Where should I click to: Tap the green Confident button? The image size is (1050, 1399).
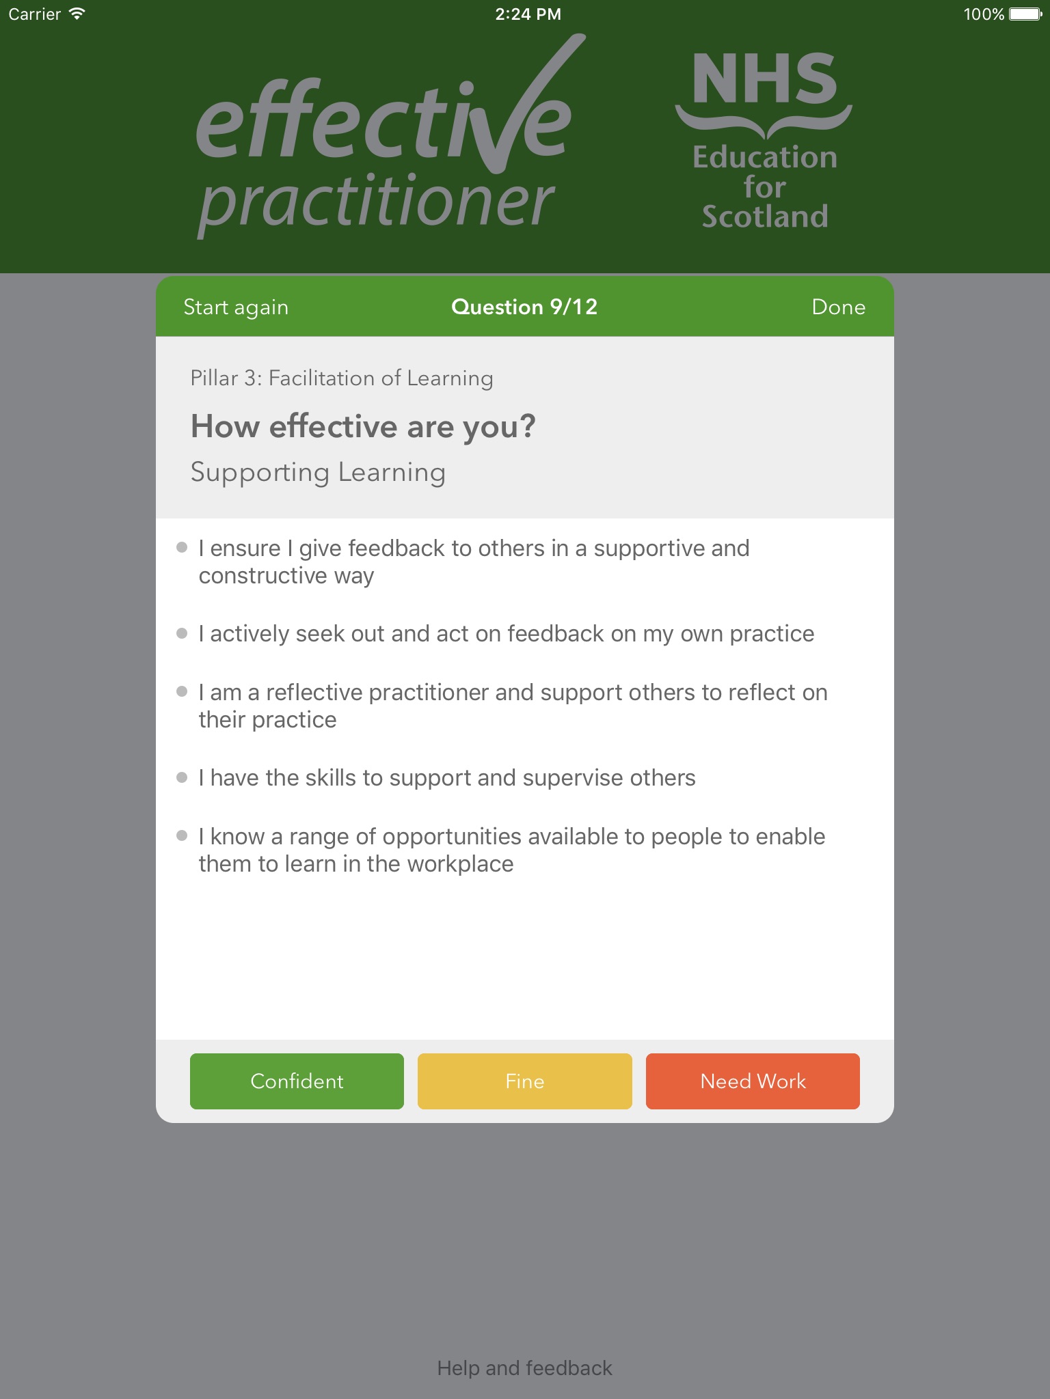[297, 1081]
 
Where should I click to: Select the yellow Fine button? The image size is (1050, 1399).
[524, 1081]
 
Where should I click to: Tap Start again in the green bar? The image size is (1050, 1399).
[236, 307]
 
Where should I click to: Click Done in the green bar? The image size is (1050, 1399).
[838, 307]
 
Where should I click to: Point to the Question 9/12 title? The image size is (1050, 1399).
[524, 307]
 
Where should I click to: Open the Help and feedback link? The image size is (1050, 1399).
[524, 1368]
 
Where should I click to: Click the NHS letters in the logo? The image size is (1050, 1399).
[764, 79]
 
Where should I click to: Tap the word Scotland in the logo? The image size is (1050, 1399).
[765, 217]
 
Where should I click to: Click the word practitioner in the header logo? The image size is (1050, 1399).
[376, 203]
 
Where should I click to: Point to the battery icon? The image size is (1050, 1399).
[1026, 14]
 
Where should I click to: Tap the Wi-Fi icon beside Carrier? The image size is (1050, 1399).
[77, 13]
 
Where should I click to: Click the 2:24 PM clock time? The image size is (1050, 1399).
[528, 14]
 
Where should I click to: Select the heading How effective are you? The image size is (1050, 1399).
[363, 427]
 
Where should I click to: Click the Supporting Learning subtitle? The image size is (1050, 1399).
[318, 473]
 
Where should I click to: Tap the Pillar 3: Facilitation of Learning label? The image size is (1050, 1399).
[342, 378]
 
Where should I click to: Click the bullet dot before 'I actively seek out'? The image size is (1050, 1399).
[182, 633]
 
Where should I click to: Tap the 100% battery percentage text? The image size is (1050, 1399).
[984, 14]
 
